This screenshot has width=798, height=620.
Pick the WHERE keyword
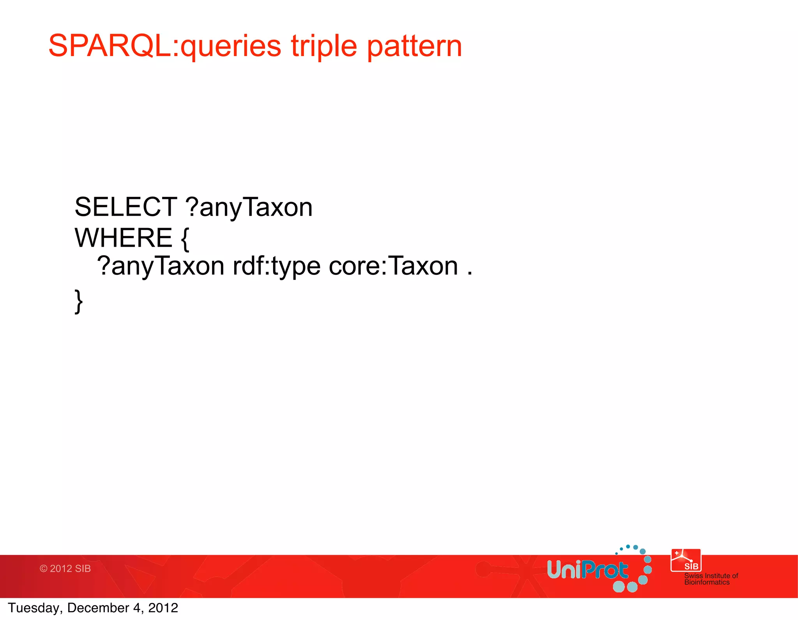click(123, 238)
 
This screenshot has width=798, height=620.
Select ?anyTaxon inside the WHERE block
click(160, 267)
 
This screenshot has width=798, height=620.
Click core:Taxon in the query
click(393, 267)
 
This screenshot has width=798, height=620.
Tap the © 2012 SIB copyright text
click(65, 569)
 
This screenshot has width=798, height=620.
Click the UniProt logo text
click(587, 570)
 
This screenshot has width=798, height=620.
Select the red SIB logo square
click(686, 560)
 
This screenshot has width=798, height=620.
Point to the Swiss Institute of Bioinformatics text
click(711, 579)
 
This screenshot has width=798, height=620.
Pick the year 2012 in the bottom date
click(163, 608)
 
